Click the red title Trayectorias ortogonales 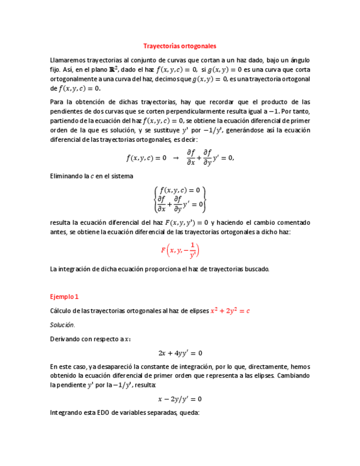[x=180, y=46]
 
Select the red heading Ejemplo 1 [x=64, y=297]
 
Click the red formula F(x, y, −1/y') [x=180, y=251]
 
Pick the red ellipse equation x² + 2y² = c [x=230, y=311]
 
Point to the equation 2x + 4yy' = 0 [x=180, y=353]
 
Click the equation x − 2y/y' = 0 [x=180, y=400]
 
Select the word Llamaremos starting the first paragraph [x=68, y=60]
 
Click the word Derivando [x=66, y=339]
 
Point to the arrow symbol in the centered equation [x=176, y=158]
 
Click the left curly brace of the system [x=156, y=199]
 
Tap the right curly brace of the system [x=204, y=199]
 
